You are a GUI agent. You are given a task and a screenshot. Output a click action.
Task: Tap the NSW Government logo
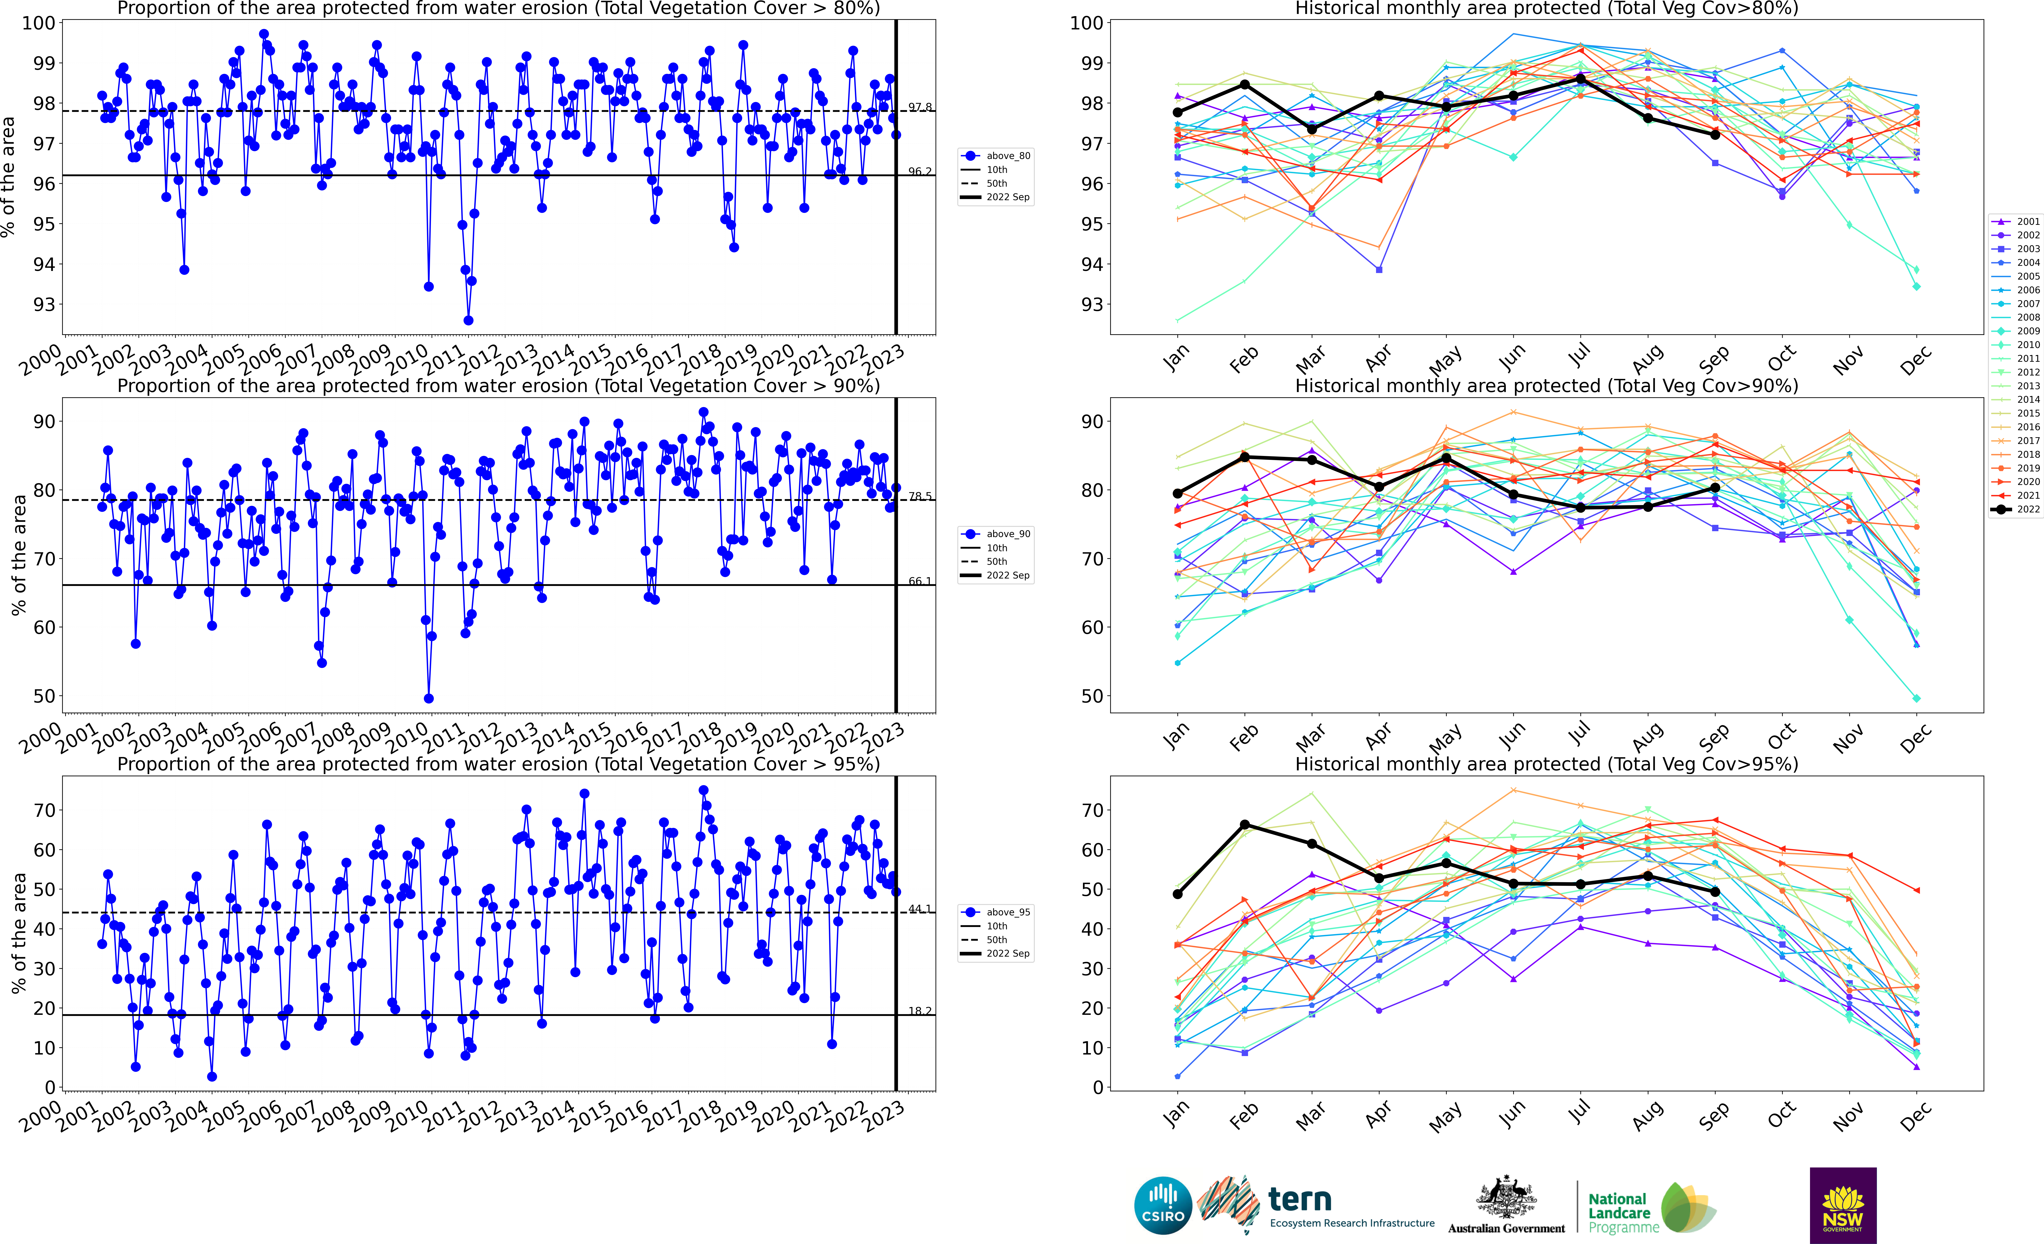pos(1843,1205)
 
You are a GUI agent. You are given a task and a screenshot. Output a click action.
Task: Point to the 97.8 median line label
pos(919,107)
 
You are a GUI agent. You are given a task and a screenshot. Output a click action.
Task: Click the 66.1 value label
pos(919,581)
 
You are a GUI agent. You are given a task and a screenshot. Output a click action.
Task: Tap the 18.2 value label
pos(919,1011)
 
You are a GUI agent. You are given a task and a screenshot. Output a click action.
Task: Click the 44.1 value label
pos(919,909)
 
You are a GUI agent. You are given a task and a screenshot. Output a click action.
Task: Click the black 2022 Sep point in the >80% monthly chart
pos(1715,134)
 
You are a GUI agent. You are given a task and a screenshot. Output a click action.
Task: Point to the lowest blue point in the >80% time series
pos(468,320)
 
